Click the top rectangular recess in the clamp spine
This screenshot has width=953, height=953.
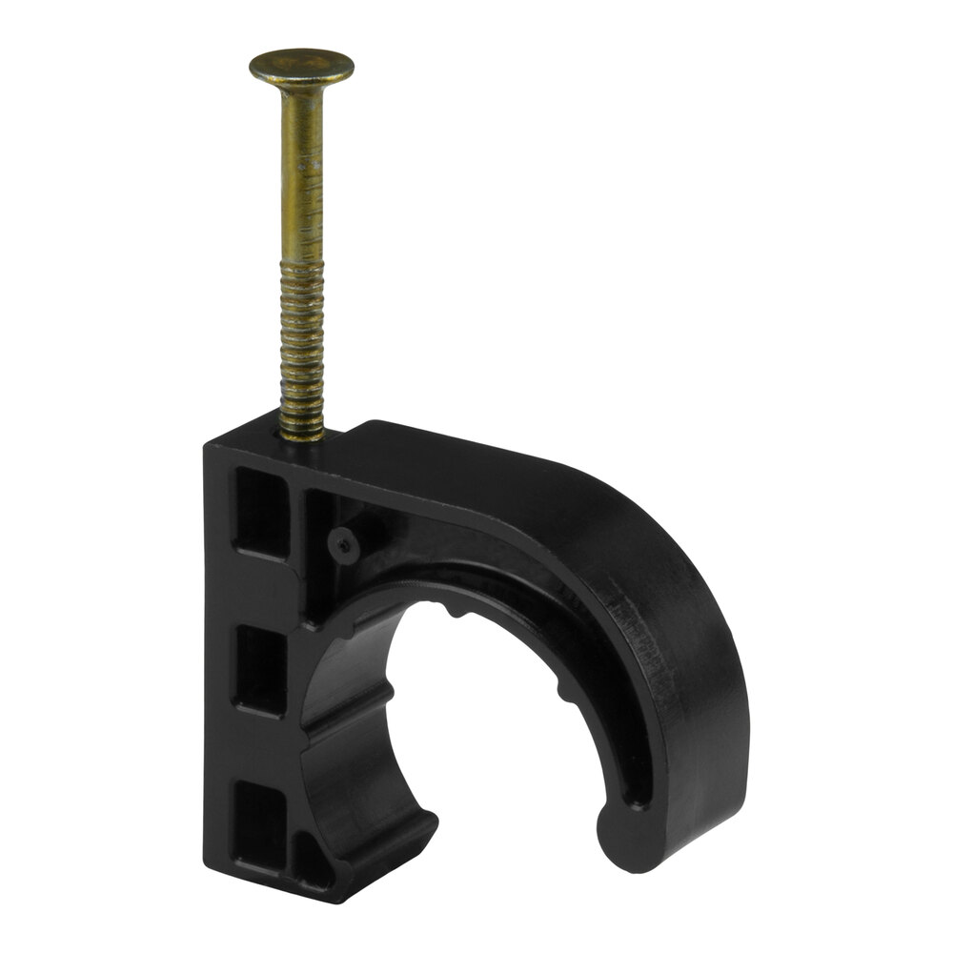click(x=260, y=510)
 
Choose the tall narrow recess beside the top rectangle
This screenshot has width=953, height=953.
click(x=317, y=553)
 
